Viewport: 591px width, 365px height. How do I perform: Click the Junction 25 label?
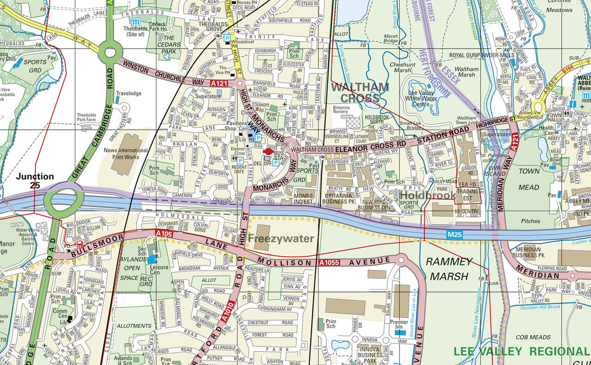(35, 181)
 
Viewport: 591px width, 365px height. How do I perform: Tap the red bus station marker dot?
(269, 151)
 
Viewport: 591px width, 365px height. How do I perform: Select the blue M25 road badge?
(455, 235)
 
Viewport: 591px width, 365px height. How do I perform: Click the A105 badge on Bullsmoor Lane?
(164, 234)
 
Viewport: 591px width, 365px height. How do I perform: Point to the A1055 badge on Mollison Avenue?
(329, 263)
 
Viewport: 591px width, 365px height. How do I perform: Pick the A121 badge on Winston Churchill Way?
(219, 83)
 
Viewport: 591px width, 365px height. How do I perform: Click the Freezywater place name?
(281, 239)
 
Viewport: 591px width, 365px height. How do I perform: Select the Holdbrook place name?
(428, 195)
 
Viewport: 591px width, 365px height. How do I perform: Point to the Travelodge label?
(128, 93)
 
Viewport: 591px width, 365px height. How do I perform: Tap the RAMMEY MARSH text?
(449, 269)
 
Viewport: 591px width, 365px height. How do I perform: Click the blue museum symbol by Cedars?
(136, 22)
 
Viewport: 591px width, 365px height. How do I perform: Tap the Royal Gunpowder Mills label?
(482, 55)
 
